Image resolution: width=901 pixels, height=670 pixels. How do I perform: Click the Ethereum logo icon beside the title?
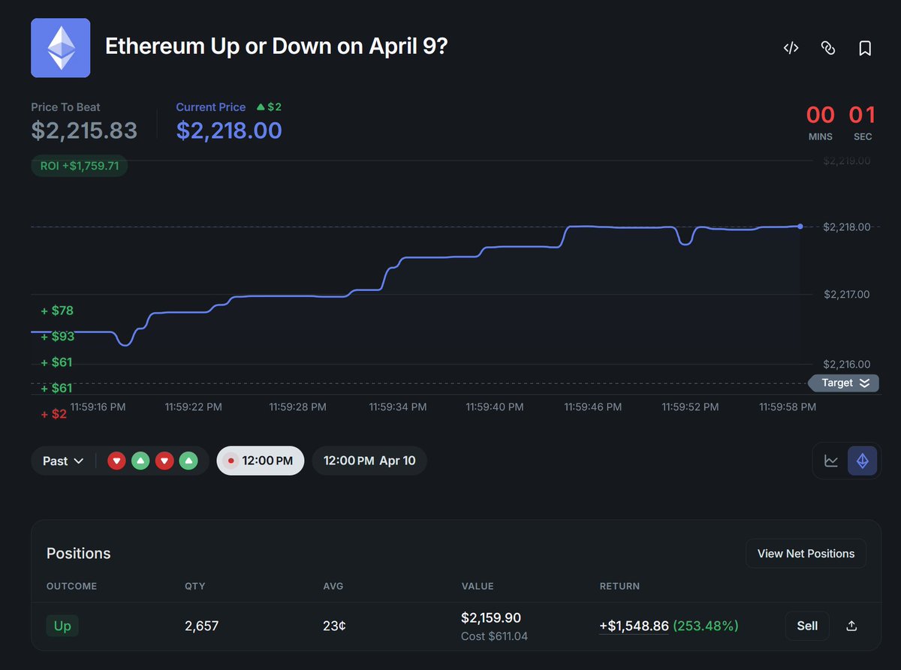point(60,48)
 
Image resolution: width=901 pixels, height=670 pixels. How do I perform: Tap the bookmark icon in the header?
point(865,48)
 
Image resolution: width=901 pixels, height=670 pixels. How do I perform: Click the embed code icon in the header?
point(791,48)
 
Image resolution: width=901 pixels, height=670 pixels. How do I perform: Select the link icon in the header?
point(828,48)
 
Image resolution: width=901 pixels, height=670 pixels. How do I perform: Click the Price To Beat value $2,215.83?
point(84,131)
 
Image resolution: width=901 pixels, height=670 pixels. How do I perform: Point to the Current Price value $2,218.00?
point(229,131)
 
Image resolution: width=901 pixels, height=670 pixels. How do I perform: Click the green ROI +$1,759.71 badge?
point(80,165)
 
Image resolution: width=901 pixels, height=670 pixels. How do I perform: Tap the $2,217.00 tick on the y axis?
point(846,295)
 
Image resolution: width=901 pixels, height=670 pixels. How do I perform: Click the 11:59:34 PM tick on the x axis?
point(397,407)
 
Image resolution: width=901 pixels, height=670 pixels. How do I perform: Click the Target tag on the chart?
point(843,383)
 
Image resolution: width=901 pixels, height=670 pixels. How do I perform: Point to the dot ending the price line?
point(800,226)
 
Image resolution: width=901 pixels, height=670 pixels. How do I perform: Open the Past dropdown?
point(63,461)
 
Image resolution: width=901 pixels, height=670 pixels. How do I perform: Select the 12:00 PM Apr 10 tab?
point(369,461)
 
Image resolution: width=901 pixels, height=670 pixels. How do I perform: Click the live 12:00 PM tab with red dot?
point(260,461)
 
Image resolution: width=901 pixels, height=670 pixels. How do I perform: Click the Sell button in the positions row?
point(807,626)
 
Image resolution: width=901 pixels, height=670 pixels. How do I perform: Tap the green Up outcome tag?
point(62,626)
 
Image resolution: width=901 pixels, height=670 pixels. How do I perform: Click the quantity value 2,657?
point(201,626)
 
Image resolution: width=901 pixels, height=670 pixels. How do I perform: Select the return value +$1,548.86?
point(634,626)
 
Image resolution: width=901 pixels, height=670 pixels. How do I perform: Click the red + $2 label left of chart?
point(53,413)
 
